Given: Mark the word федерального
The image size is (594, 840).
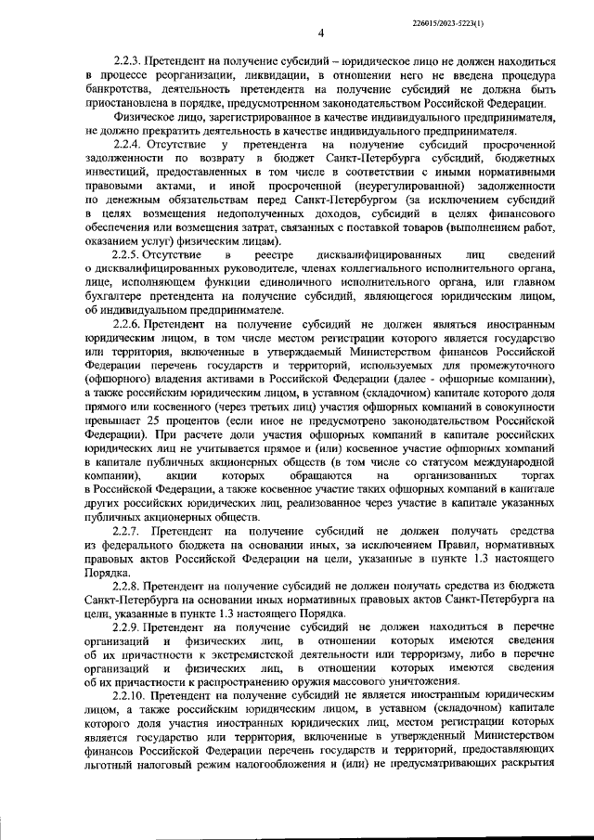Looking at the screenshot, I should point(138,545).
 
